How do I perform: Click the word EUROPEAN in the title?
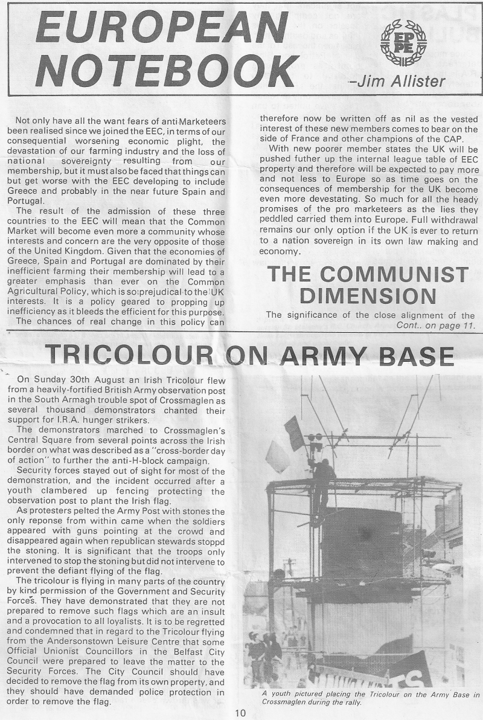pos(162,27)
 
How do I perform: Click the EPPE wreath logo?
pos(403,42)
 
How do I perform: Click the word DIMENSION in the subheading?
pos(368,297)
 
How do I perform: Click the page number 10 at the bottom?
pos(241,713)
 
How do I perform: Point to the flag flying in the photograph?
pos(295,432)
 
